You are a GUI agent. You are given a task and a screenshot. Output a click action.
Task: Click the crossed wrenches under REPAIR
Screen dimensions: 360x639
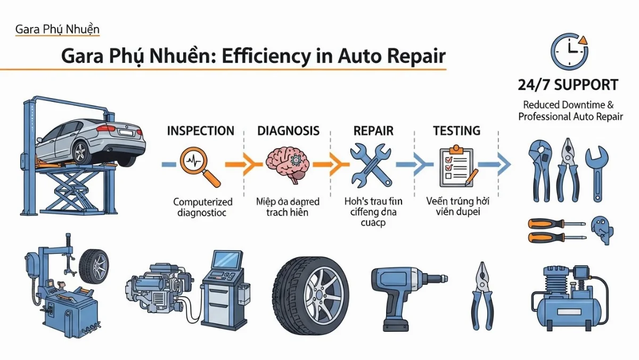coord(370,164)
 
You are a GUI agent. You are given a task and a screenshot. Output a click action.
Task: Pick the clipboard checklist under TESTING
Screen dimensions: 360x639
coord(456,165)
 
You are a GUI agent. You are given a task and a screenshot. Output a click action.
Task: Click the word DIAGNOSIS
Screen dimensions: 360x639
coord(288,131)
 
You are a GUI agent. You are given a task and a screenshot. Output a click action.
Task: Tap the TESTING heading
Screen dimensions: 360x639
coord(456,131)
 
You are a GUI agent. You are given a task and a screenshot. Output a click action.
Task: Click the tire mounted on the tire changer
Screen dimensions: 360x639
coord(93,265)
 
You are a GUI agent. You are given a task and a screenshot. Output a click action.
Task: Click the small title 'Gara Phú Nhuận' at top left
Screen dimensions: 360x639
coord(57,29)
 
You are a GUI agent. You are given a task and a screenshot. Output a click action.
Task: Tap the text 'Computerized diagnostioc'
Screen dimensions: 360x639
coord(203,207)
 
